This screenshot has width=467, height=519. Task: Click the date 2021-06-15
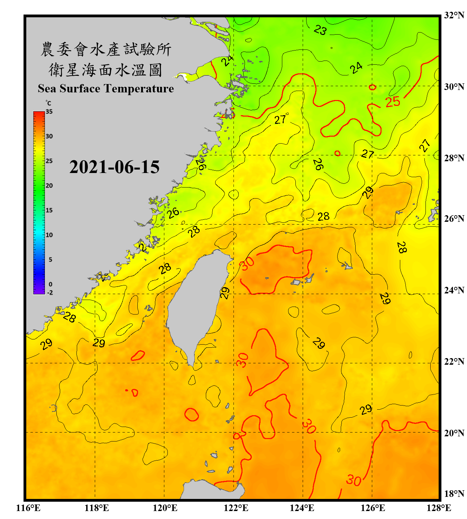click(114, 167)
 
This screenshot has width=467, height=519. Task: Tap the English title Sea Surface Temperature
click(106, 89)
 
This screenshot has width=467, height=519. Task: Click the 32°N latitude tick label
click(454, 15)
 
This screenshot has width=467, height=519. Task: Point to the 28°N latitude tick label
click(454, 158)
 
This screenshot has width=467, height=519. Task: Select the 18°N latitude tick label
click(454, 494)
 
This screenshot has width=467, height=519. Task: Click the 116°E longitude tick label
click(28, 508)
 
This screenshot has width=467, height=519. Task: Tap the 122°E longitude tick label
click(236, 508)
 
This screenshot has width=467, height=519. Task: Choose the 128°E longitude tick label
click(439, 508)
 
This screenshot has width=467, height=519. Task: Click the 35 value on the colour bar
click(49, 111)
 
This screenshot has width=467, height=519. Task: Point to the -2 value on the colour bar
click(50, 292)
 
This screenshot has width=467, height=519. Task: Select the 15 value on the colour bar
click(49, 210)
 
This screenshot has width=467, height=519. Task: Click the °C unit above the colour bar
click(48, 103)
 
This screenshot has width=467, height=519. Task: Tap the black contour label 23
click(320, 30)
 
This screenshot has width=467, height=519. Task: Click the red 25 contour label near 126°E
click(393, 102)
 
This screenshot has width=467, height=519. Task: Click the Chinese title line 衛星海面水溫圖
click(106, 70)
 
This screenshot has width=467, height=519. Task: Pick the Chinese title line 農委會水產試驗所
click(106, 49)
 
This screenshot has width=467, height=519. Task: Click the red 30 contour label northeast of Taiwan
click(247, 263)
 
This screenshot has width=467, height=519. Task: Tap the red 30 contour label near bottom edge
click(354, 480)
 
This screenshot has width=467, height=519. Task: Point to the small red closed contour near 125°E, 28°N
click(337, 153)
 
